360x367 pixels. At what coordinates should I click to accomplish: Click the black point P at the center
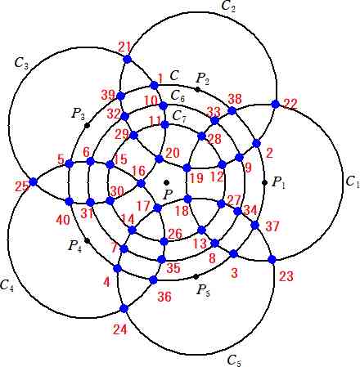[x=167, y=182]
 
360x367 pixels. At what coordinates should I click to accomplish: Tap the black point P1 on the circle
[x=264, y=182]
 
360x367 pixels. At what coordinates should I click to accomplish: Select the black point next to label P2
[x=197, y=89]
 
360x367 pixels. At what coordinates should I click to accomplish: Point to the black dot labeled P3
[x=87, y=126]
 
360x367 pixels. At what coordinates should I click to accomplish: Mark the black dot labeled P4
[x=87, y=240]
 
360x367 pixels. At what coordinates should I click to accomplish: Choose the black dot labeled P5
[x=196, y=277]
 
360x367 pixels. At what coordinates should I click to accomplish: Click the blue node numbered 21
[x=128, y=59]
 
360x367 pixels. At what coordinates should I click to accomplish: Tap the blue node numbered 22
[x=276, y=104]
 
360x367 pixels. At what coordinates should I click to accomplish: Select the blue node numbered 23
[x=272, y=260]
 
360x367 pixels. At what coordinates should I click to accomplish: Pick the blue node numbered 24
[x=124, y=308]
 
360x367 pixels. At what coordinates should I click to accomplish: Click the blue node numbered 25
[x=33, y=181]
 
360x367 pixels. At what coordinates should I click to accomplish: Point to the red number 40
[x=63, y=220]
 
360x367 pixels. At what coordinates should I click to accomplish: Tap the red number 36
[x=164, y=297]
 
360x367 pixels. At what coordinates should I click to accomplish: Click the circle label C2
[x=228, y=6]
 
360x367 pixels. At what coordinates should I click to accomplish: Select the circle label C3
[x=21, y=64]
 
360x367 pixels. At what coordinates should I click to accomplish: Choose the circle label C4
[x=7, y=286]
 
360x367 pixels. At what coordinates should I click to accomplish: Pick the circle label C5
[x=234, y=360]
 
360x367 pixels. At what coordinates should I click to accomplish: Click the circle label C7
[x=180, y=117]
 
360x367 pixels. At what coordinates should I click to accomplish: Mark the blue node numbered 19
[x=187, y=168]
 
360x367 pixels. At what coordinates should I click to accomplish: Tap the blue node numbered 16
[x=141, y=183]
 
